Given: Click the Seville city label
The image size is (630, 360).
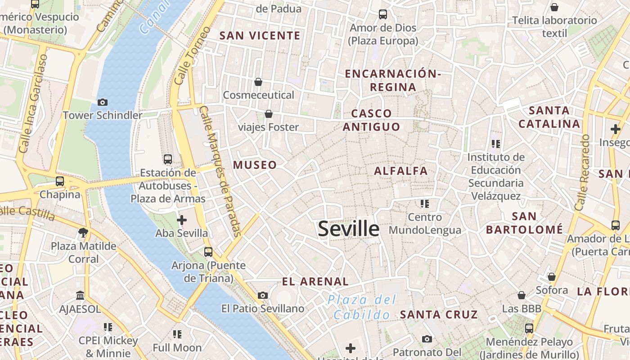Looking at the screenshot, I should point(349,229).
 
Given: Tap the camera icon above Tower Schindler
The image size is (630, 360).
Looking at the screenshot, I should point(103,102).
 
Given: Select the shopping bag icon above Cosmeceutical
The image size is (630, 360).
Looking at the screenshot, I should point(258,82).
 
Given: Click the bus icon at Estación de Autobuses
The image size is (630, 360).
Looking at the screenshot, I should point(168,159).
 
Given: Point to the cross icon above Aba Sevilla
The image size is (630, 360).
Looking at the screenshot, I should point(182,220).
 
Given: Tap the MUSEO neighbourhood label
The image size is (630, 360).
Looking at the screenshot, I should point(255,165).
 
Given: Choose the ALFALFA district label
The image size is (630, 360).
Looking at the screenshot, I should point(400,171).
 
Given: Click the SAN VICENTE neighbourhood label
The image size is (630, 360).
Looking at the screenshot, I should point(260,36).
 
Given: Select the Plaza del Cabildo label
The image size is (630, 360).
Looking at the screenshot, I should point(362,307).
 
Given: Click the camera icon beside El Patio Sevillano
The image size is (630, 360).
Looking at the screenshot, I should point(263,296).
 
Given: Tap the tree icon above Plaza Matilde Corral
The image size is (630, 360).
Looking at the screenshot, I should point(83,233).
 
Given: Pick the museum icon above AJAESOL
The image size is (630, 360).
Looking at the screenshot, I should point(80,296).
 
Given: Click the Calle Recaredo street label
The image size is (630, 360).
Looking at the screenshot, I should point(582,172).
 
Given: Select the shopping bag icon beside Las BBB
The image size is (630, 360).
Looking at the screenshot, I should point(522,296).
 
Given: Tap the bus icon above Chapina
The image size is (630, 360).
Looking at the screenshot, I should point(60,181).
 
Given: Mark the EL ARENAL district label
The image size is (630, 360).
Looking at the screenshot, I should point(315,282).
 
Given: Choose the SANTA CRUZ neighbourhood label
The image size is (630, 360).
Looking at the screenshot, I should point(439,315).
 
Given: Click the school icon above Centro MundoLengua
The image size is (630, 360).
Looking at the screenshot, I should point(424,204).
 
